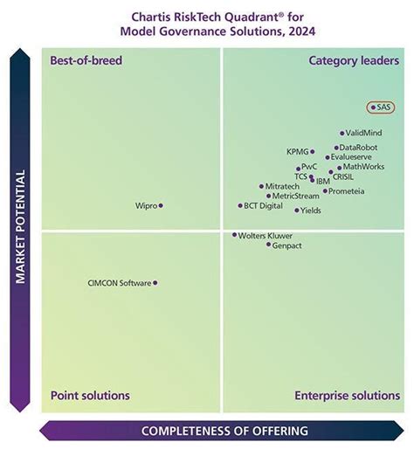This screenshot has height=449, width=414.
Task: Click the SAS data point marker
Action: pos(373,107)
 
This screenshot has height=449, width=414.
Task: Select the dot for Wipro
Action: pos(161,205)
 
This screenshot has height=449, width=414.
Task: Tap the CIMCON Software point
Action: pos(155,282)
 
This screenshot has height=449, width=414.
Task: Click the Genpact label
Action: pos(287,245)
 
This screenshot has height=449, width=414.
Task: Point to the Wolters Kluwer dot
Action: pos(234,235)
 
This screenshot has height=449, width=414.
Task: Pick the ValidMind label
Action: pos(363,133)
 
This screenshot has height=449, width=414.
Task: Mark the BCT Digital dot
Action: pos(240,206)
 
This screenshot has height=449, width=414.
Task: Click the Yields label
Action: pos(310,211)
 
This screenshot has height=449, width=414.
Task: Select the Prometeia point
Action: pos(325,190)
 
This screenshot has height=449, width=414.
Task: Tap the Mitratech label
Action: pos(282,186)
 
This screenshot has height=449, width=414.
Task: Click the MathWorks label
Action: pos(363,166)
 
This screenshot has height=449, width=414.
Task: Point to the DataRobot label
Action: pos(359,148)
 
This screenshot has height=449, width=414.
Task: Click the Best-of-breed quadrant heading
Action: pos(86,60)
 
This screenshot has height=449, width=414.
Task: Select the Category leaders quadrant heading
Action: pos(354,60)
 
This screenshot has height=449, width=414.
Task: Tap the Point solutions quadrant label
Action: pos(90,396)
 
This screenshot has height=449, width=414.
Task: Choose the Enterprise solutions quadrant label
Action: pos(347,396)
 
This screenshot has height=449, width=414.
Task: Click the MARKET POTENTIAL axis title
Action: pos(20,226)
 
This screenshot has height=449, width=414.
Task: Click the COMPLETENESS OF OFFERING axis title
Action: pos(224,431)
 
